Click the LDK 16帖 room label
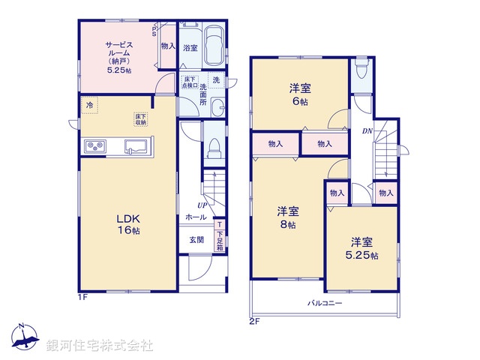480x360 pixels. (127, 224)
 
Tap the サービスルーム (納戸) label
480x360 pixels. (118, 56)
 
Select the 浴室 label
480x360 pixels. (190, 47)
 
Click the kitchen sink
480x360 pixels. (135, 145)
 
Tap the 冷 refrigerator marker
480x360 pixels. (89, 106)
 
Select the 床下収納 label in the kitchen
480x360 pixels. (141, 118)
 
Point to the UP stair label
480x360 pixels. (202, 205)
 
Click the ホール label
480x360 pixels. (196, 217)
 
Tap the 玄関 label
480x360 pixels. (196, 240)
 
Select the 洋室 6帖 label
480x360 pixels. (300, 93)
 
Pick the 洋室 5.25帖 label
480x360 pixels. (362, 248)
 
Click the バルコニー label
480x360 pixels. (324, 304)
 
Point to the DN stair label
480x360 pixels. (367, 131)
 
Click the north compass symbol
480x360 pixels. (24, 338)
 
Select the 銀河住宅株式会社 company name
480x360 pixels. (100, 345)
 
